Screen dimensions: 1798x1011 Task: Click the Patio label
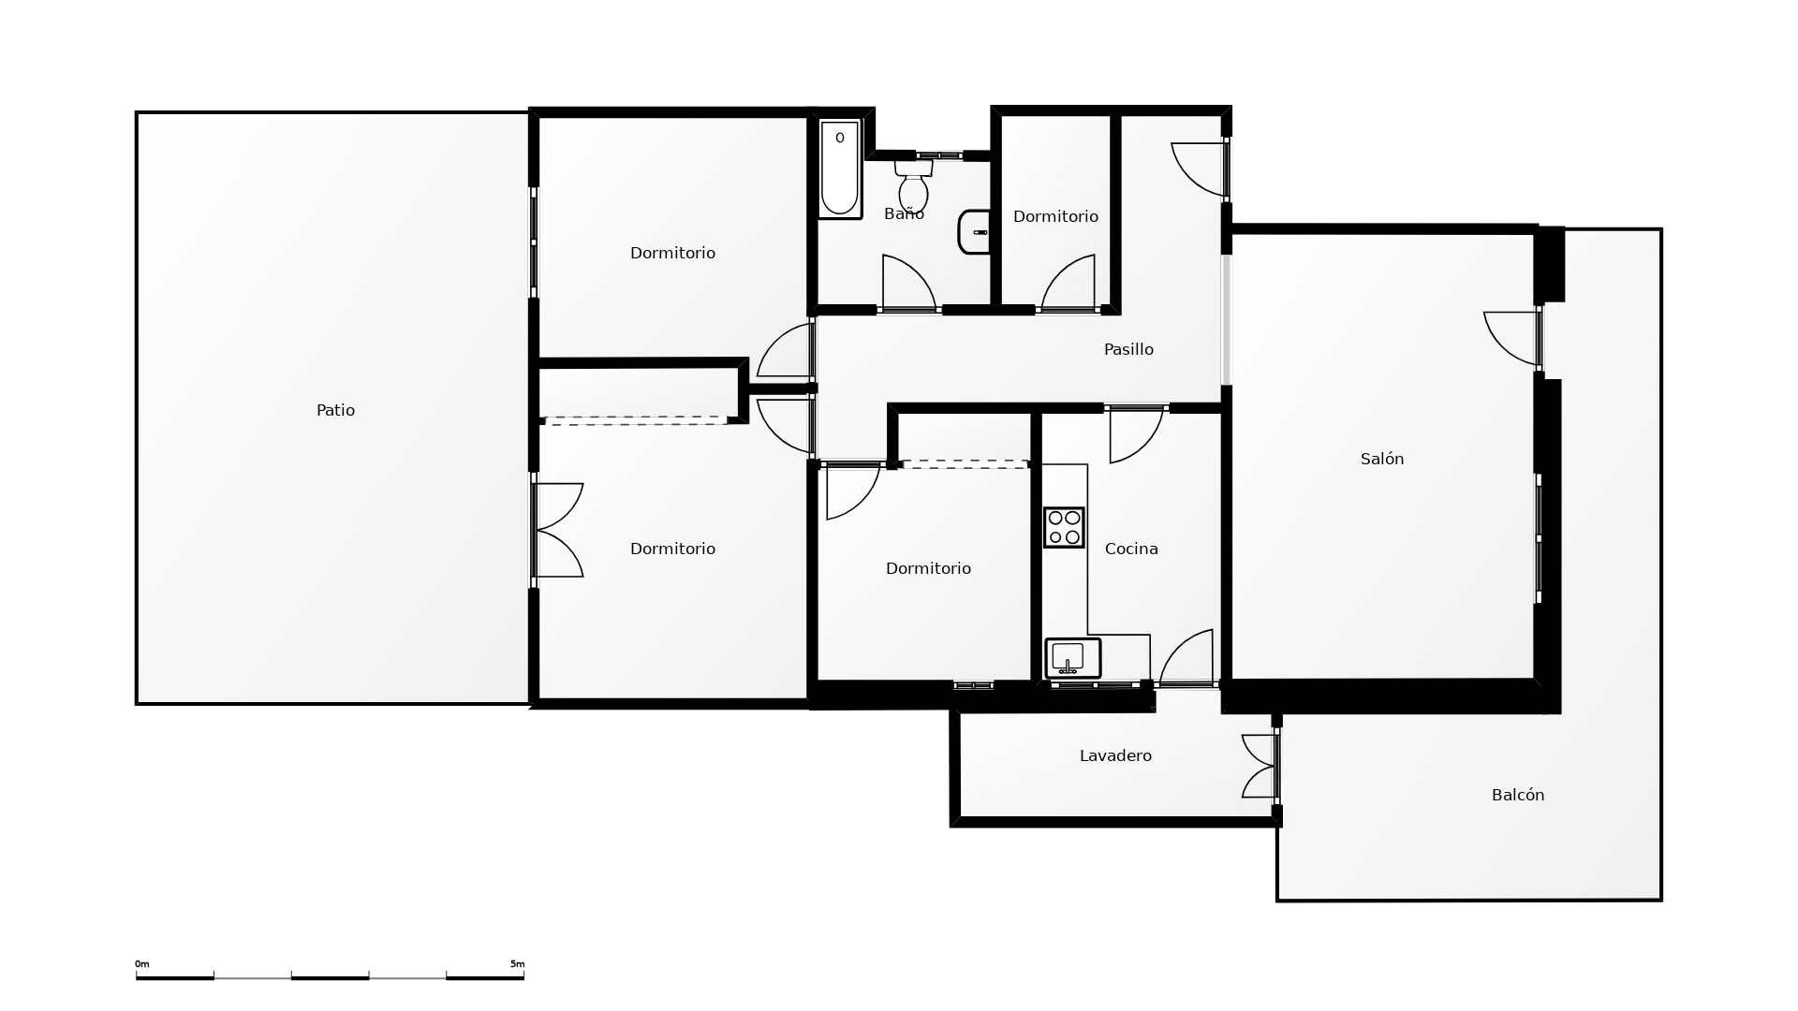pos(335,410)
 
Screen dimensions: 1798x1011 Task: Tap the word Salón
pos(1382,459)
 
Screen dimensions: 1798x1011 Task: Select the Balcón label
pos(1518,795)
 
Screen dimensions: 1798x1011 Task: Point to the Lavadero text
pos(1115,755)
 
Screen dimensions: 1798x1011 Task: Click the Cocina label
pos(1131,549)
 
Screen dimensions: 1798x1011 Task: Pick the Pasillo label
pos(1128,349)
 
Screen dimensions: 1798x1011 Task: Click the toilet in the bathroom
pos(913,185)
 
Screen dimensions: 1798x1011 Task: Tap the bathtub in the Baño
pos(840,169)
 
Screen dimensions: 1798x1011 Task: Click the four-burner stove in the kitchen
pos(1064,527)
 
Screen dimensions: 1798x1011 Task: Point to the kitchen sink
pos(1072,658)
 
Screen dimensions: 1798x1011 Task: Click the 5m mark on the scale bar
pos(518,963)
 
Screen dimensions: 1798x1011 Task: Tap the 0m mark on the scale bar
pos(142,963)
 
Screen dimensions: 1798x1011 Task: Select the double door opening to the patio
pos(560,530)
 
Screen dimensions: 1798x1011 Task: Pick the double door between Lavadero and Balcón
pos(1259,766)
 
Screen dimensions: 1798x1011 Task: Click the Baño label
pos(904,213)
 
